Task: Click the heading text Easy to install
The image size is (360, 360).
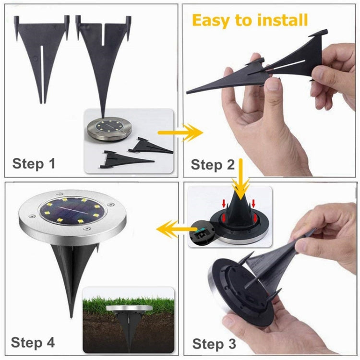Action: click(x=250, y=20)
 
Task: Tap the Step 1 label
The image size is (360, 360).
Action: click(x=34, y=163)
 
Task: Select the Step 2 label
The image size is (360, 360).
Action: click(x=213, y=165)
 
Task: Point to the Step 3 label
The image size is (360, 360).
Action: click(x=214, y=344)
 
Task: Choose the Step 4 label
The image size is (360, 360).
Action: click(x=33, y=342)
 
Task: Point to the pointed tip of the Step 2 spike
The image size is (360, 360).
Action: click(x=189, y=91)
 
